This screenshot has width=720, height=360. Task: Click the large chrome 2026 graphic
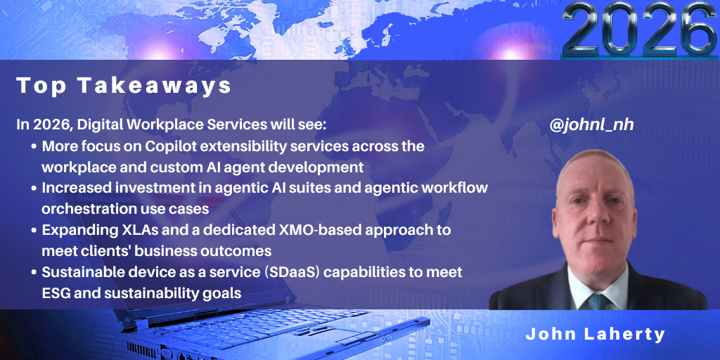(640, 29)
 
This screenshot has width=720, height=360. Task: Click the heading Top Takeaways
(124, 86)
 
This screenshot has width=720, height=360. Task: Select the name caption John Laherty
(596, 334)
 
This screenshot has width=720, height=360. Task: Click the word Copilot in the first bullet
(172, 146)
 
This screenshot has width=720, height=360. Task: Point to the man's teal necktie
(597, 301)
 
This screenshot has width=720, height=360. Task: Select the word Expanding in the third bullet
(73, 231)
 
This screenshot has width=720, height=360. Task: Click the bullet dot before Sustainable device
(34, 273)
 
